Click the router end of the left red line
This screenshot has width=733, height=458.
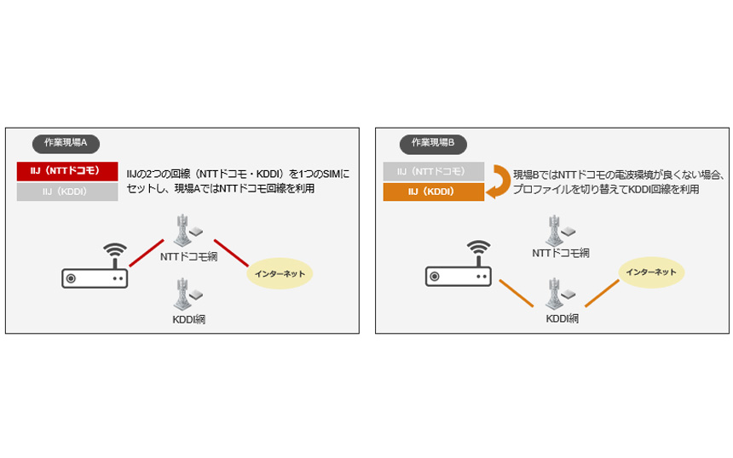click(x=130, y=266)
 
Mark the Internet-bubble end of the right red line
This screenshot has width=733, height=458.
click(x=248, y=266)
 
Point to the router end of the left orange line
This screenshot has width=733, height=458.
click(x=499, y=281)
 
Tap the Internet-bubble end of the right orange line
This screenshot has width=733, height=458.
click(x=619, y=281)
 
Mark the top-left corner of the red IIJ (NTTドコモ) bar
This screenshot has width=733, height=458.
click(x=17, y=162)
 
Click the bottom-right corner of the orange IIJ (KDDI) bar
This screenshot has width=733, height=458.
click(x=484, y=201)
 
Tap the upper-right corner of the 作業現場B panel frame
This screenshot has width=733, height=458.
click(x=729, y=128)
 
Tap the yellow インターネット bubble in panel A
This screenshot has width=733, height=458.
click(x=280, y=273)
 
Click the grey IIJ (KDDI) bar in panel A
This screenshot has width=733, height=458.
click(x=67, y=192)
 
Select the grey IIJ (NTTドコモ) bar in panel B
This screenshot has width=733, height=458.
click(x=434, y=171)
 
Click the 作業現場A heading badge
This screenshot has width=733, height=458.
click(x=66, y=143)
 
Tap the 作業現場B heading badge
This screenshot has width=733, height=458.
click(x=433, y=143)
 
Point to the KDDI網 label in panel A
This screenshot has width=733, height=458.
click(x=189, y=319)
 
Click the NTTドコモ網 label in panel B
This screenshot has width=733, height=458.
click(x=561, y=253)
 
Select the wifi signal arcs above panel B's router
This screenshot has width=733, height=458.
click(x=479, y=248)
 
